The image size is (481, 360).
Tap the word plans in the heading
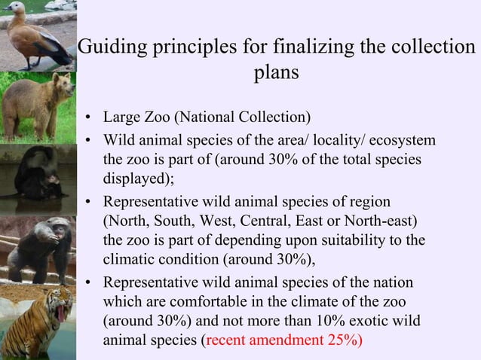(272, 74)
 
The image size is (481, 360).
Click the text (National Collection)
(245, 118)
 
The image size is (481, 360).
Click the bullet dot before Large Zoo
(88, 119)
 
